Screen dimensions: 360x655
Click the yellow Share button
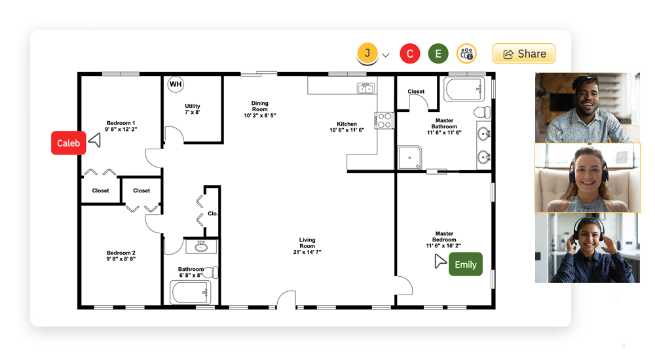(x=523, y=54)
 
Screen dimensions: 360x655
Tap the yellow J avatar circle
(x=367, y=53)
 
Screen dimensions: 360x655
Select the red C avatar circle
(x=410, y=54)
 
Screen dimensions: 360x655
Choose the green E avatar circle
(x=438, y=54)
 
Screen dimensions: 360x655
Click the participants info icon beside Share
(x=466, y=54)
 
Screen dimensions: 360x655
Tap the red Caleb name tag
(x=68, y=143)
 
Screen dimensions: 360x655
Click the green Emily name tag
(x=465, y=264)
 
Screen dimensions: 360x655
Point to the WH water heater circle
(x=176, y=84)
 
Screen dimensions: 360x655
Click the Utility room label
(x=193, y=109)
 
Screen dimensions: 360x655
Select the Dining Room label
(x=260, y=109)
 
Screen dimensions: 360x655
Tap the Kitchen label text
(x=346, y=127)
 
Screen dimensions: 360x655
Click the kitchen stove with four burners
(x=384, y=120)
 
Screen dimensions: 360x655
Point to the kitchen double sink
(x=365, y=88)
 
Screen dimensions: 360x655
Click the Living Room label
(x=307, y=245)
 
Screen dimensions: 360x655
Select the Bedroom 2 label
(x=121, y=256)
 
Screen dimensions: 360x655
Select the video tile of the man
(x=587, y=107)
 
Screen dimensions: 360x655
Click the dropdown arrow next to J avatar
(x=386, y=55)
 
